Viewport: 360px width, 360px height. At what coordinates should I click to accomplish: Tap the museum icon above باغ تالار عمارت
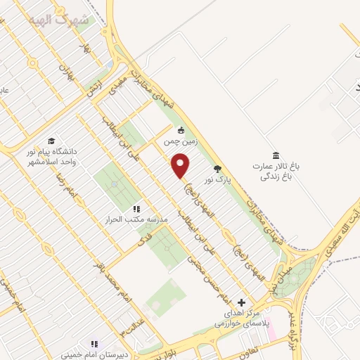click(x=276, y=155)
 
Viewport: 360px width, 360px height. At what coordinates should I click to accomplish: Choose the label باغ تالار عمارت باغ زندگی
click(x=277, y=172)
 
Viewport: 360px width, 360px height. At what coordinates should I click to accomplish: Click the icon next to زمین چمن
click(x=181, y=129)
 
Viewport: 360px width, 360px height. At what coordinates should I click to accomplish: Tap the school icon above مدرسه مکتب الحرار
click(x=136, y=209)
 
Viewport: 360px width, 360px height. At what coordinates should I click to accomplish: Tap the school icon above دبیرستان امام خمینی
click(x=94, y=344)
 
